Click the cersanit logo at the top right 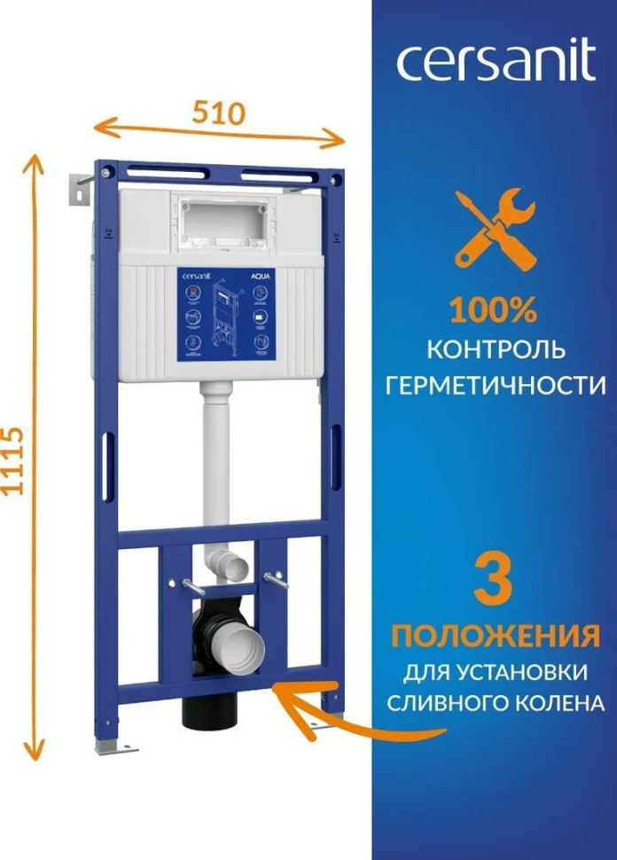pyautogui.click(x=495, y=64)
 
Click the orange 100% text pyautogui.click(x=494, y=310)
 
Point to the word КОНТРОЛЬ pyautogui.click(x=495, y=349)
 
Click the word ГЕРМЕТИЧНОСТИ pyautogui.click(x=495, y=386)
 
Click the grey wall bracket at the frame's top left pyautogui.click(x=80, y=188)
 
